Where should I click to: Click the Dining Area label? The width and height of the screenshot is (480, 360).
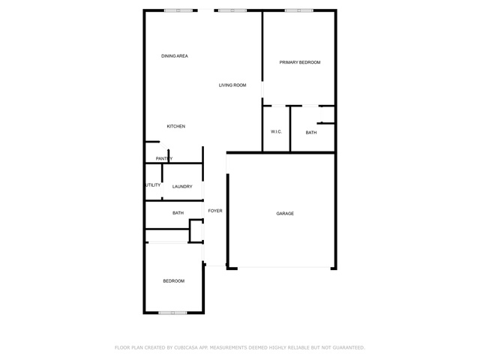click(x=175, y=56)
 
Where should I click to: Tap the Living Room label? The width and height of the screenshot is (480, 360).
click(x=232, y=85)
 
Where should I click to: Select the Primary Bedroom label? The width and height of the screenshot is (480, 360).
click(x=300, y=62)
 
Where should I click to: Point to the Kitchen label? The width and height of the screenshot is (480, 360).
click(x=176, y=126)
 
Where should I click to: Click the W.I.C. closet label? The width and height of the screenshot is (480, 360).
click(x=276, y=132)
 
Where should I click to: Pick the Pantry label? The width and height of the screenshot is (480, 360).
click(x=164, y=158)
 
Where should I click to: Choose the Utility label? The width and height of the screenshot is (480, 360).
click(x=153, y=185)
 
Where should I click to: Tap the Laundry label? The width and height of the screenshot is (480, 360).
click(x=182, y=187)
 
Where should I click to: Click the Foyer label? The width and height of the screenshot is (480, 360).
click(x=215, y=211)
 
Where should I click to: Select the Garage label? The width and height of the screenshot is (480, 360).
click(x=285, y=213)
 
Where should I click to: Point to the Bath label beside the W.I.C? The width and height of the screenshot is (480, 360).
click(x=311, y=133)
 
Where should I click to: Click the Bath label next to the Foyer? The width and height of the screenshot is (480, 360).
click(x=178, y=213)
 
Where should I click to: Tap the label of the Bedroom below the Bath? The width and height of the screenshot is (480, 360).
click(x=173, y=281)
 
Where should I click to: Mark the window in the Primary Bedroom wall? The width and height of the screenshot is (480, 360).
click(x=298, y=10)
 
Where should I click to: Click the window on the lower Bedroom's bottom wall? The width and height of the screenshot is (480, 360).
click(x=172, y=313)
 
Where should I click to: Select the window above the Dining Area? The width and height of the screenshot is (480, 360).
click(x=178, y=10)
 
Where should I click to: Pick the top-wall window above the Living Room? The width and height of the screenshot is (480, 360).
click(x=232, y=10)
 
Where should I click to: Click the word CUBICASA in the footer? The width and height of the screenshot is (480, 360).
click(x=186, y=348)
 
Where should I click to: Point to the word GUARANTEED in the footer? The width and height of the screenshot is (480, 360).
click(x=349, y=348)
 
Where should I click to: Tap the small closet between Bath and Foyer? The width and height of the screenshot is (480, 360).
click(x=196, y=231)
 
